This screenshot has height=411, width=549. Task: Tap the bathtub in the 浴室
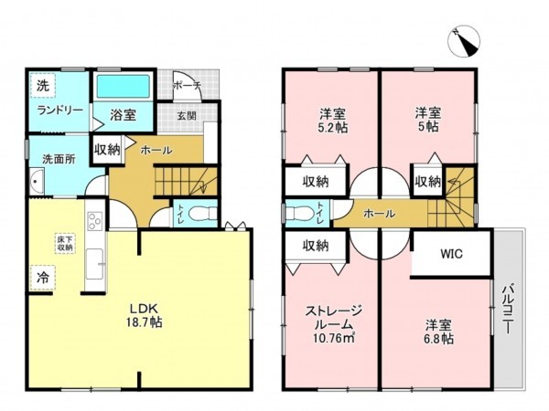tap(126, 89)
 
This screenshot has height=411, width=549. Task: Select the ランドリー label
tap(60, 111)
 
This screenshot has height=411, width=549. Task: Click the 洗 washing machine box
tap(42, 85)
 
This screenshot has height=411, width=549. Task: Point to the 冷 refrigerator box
tap(42, 275)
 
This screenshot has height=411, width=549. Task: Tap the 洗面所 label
tap(59, 159)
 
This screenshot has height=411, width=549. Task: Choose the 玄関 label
tap(186, 116)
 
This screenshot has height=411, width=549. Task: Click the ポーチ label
tap(186, 85)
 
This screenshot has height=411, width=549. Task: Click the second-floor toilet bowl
tap(299, 214)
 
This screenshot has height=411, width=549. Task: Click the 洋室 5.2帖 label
tap(332, 121)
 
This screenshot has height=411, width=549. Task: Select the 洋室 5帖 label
tap(427, 121)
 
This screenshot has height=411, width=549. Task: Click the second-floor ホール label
tap(379, 214)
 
